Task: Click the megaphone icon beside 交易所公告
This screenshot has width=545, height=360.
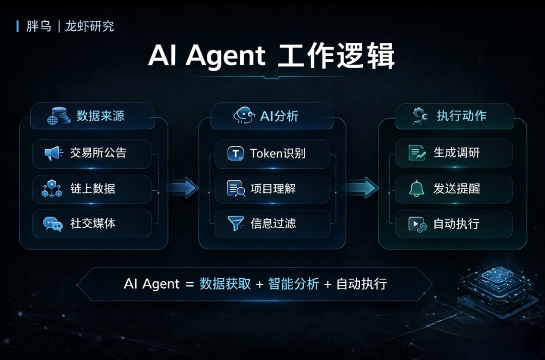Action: pos(53,153)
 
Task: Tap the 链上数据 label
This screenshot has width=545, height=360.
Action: pos(93,189)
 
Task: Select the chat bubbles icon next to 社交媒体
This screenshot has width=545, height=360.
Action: pos(52,224)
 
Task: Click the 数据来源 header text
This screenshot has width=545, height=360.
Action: pos(100,116)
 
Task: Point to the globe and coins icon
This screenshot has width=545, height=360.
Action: pos(59,116)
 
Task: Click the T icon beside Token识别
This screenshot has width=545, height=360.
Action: pos(236,153)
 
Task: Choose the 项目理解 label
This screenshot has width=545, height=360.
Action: pos(273,189)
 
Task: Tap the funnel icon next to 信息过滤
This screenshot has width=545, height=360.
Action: pos(236,224)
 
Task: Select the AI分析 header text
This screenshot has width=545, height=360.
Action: pos(280,116)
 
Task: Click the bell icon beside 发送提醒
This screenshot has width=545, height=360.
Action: pos(417,189)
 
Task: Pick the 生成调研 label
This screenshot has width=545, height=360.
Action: pos(457,152)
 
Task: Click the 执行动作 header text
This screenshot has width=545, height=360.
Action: pos(462,116)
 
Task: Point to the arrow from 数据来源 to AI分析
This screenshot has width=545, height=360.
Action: pos(183,188)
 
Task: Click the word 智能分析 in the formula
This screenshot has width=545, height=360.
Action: pos(294,284)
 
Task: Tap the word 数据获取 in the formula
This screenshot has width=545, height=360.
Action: pos(225,284)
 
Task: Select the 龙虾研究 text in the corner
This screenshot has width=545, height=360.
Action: pos(90,26)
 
